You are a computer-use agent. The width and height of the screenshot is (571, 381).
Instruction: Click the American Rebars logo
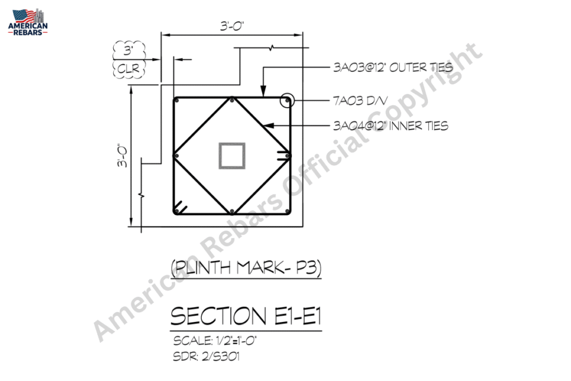[x=28, y=22]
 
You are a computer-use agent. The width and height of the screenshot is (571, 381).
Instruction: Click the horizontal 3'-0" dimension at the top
[x=232, y=26]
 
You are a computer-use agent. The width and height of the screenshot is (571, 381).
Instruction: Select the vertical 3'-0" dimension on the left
[x=122, y=156]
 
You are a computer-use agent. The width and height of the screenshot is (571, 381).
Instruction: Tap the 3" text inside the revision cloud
[x=128, y=50]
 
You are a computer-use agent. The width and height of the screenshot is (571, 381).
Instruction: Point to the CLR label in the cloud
[x=129, y=68]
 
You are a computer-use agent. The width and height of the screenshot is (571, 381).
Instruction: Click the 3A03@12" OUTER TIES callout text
[x=393, y=67]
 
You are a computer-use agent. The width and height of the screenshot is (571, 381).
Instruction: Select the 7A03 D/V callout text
[x=360, y=100]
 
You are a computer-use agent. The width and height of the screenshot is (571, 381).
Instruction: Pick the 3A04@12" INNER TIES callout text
[x=391, y=126]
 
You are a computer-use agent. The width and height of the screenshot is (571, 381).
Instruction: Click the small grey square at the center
[x=232, y=156]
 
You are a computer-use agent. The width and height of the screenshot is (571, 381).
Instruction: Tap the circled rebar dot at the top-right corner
[x=287, y=100]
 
